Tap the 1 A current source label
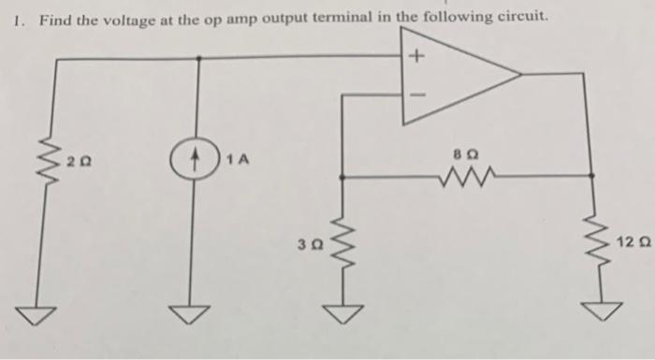point(237,160)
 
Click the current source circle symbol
point(198,160)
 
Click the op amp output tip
point(520,73)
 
